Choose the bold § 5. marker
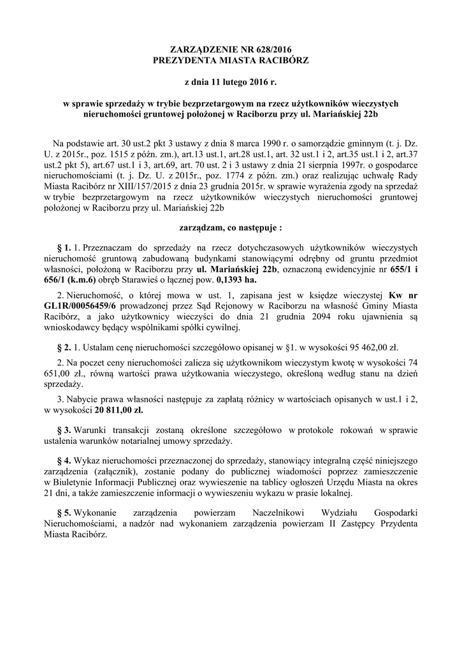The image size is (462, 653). (63, 513)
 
